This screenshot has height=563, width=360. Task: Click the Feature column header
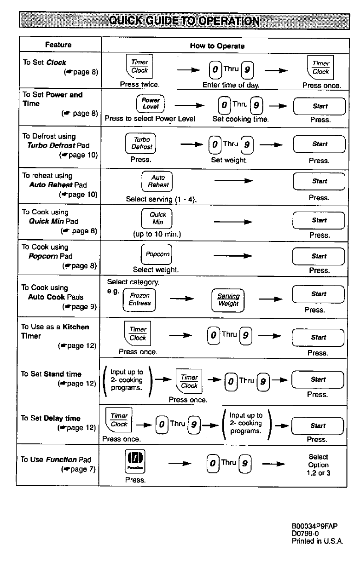click(58, 45)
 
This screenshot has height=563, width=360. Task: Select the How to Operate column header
click(217, 46)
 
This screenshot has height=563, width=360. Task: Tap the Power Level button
click(151, 103)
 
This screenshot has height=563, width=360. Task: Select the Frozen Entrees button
click(139, 299)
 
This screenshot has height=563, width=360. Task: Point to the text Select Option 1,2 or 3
click(319, 465)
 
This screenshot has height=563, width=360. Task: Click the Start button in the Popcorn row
click(319, 256)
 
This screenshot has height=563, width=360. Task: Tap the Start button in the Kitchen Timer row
click(318, 338)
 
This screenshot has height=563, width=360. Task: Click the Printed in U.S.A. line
click(318, 541)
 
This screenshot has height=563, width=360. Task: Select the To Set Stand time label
click(51, 374)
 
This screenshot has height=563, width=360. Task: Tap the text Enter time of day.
click(231, 85)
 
